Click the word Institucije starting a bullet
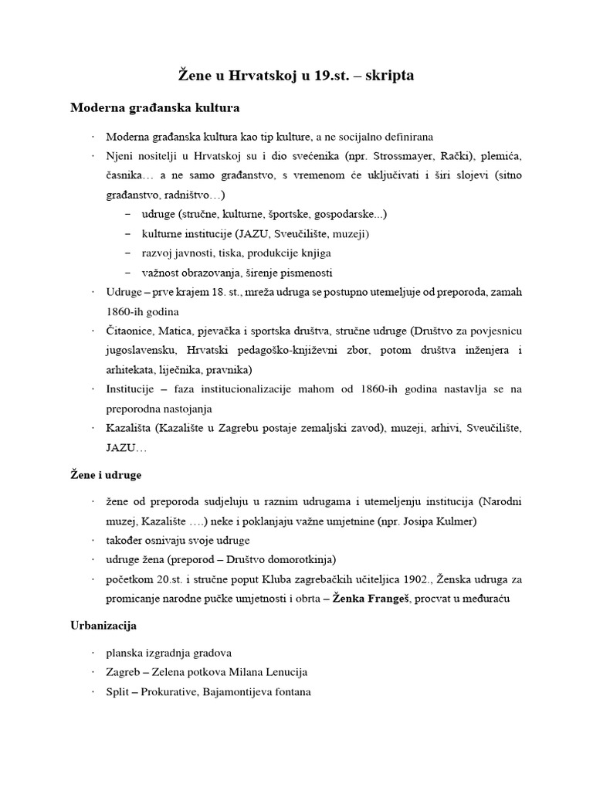131,389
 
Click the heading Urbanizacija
103,626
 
